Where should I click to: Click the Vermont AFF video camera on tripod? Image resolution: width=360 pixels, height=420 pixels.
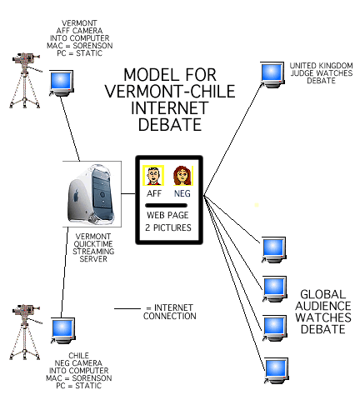point(26,80)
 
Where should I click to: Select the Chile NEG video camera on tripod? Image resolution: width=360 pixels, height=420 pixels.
point(26,332)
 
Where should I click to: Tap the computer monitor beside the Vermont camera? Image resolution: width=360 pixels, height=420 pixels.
point(62,83)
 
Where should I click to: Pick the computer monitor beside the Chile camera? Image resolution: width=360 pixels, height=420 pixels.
point(63,331)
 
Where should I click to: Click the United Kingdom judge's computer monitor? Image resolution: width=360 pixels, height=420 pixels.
point(272,75)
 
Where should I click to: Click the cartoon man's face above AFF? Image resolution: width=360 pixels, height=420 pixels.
point(153,176)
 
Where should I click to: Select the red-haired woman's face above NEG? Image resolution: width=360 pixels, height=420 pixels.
point(182,176)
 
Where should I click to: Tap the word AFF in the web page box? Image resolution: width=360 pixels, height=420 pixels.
point(154,193)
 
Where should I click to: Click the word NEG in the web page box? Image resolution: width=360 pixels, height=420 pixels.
point(182,193)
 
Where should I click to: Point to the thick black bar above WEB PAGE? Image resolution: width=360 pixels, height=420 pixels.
point(166,206)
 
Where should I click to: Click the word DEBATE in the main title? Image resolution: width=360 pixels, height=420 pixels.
point(170,124)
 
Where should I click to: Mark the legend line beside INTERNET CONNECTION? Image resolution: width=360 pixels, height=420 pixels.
point(127,308)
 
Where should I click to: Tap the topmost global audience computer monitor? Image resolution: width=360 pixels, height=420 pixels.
point(273,250)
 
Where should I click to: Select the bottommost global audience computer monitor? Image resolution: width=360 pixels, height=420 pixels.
point(277,371)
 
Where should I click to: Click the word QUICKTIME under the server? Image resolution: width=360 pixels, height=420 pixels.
point(93,244)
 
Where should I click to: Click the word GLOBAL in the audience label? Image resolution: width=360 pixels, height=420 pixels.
point(323,294)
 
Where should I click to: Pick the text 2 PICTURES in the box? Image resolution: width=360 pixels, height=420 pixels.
point(168,227)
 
